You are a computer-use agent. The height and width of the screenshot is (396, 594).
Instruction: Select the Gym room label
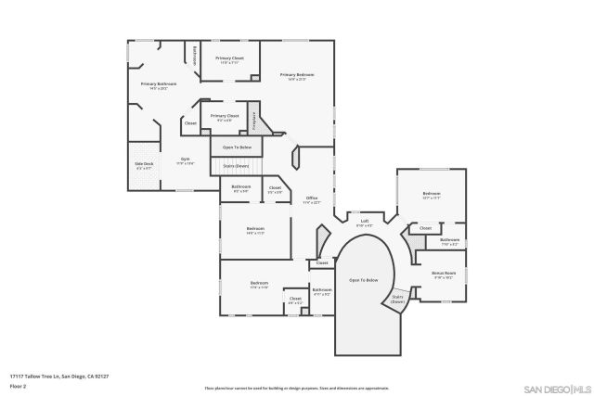coord(185,159)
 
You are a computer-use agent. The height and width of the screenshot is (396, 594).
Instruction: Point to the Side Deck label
coord(144,164)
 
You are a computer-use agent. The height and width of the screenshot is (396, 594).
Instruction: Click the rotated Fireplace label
coord(254,120)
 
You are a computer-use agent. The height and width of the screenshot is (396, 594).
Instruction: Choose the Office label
coord(312,198)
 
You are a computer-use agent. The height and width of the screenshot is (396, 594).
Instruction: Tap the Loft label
coord(365,221)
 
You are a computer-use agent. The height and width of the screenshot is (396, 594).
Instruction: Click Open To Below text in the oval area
coord(364,279)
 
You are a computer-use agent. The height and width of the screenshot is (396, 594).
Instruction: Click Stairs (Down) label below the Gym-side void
coord(237,165)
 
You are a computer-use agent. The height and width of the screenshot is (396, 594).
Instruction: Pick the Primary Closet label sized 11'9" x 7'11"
coord(229,58)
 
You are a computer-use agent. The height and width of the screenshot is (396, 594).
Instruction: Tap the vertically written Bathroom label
coord(195,55)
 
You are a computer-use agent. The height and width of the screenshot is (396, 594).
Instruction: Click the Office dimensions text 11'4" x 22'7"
coord(312,202)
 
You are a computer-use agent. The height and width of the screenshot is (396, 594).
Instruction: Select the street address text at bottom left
coord(59,376)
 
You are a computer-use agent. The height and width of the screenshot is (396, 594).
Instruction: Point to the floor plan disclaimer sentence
coord(297,387)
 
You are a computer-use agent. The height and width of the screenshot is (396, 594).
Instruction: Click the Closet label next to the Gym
coord(190,122)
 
